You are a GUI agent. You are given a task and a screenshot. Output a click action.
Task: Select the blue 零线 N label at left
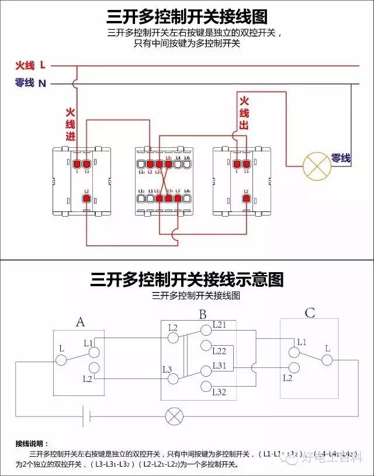(30, 84)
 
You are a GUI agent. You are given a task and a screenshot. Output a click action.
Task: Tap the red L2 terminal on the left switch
(86, 200)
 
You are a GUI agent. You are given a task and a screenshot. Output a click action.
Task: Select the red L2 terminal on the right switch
(247, 200)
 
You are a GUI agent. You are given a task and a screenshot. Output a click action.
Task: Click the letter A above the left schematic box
(81, 321)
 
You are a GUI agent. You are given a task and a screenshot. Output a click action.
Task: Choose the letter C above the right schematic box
(310, 314)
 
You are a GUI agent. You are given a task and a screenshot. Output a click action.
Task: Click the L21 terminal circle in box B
(205, 330)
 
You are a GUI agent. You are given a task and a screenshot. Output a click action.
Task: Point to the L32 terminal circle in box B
(205, 385)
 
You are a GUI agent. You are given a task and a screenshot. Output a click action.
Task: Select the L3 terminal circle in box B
(173, 378)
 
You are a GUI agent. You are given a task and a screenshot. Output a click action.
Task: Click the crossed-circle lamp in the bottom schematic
(174, 416)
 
